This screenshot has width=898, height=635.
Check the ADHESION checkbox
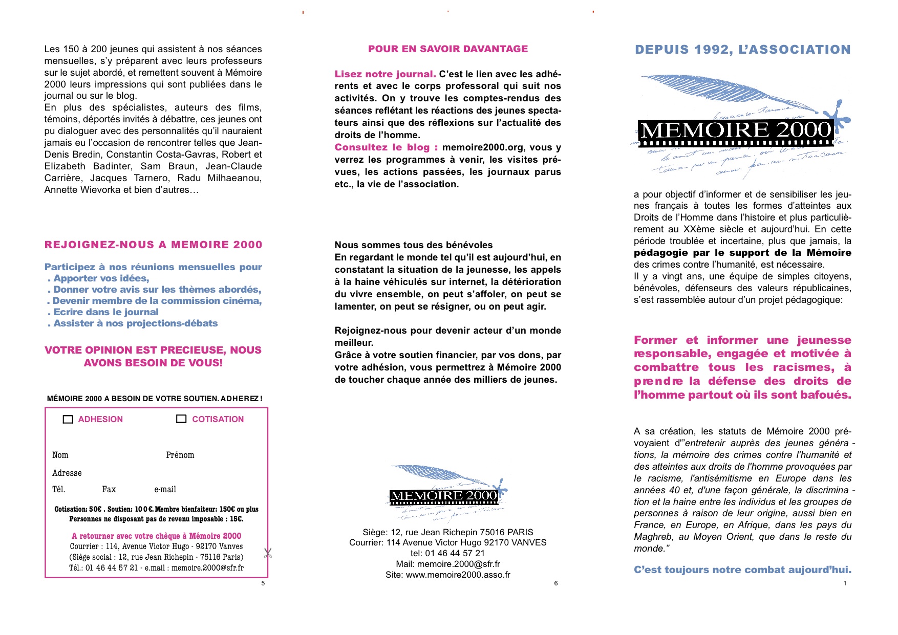click(68, 420)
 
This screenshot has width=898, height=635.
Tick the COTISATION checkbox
click(181, 419)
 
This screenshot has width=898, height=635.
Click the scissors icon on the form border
click(267, 553)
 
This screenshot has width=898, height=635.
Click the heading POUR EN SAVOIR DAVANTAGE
click(448, 49)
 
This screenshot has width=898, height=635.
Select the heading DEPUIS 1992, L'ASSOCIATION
click(742, 50)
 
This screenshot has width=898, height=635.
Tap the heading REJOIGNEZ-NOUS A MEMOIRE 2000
click(153, 245)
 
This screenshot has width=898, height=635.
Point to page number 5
click(263, 583)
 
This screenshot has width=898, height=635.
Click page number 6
click(556, 583)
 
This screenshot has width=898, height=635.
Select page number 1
click(845, 583)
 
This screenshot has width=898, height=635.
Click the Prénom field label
click(180, 455)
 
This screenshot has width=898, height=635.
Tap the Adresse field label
click(67, 473)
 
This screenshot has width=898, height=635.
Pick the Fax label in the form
click(109, 490)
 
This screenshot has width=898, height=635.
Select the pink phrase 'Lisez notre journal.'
click(385, 74)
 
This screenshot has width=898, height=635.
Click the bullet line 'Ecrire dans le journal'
click(105, 312)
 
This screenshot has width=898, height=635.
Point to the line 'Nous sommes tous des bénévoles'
click(414, 245)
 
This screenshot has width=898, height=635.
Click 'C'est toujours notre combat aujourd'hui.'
click(742, 570)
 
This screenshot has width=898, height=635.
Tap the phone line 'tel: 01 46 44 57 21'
click(447, 553)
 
